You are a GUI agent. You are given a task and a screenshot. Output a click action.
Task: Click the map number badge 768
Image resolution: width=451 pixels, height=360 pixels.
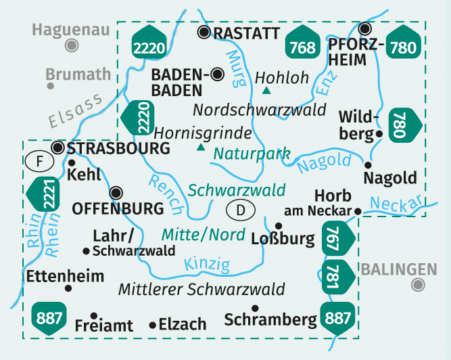point(301,45)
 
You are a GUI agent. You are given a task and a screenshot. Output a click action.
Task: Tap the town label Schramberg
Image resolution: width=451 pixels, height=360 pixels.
point(270,319)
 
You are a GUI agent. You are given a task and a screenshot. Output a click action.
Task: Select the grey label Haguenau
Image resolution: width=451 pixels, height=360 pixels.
point(70,30)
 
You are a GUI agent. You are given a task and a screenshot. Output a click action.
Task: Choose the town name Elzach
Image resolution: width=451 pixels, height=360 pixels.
point(183,325)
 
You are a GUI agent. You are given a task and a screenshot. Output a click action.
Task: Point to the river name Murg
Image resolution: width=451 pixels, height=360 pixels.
point(235,68)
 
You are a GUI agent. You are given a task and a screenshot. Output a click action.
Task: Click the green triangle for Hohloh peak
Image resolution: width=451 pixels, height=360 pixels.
point(266,91)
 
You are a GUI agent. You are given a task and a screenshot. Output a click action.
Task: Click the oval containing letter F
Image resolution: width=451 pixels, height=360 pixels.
point(39,162)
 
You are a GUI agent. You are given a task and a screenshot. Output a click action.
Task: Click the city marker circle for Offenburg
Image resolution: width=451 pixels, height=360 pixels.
point(118,192)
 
